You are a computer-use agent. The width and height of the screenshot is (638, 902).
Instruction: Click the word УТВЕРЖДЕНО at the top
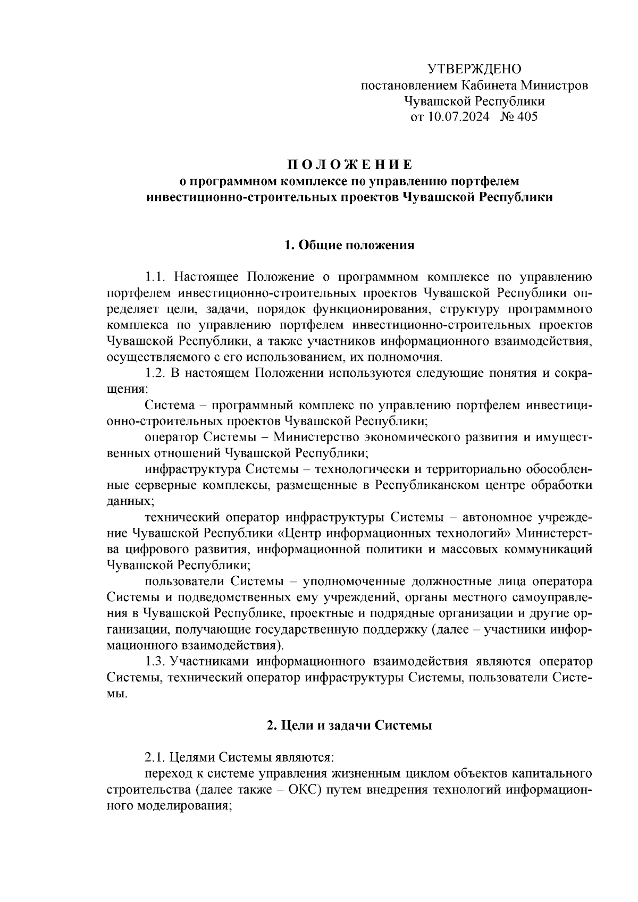click(x=474, y=69)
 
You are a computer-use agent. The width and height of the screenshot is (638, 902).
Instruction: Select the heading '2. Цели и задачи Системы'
click(x=349, y=726)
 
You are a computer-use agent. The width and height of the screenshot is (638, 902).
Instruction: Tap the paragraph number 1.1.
click(x=157, y=277)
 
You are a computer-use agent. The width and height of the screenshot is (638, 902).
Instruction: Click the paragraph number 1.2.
click(x=157, y=373)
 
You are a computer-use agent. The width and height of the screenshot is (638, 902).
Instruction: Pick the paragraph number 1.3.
click(x=157, y=661)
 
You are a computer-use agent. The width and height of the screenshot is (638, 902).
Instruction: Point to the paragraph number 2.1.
click(x=157, y=757)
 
